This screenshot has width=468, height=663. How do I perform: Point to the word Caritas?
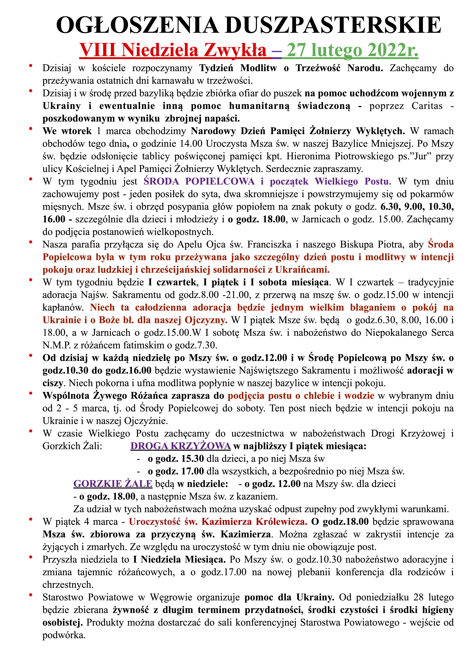(427, 106)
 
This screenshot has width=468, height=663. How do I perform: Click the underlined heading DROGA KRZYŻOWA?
(181, 446)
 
